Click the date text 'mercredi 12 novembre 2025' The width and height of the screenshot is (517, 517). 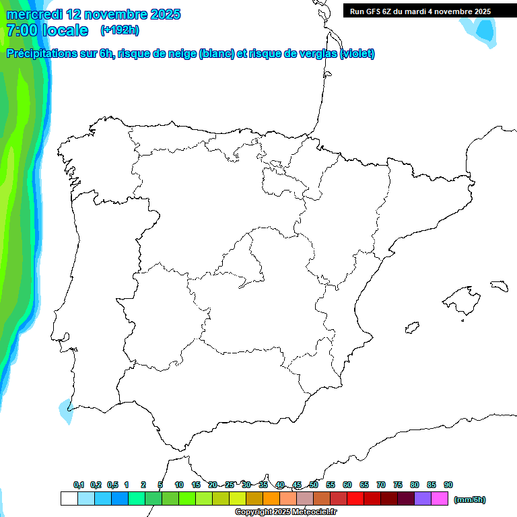(94, 14)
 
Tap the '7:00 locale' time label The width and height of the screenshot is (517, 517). (47, 30)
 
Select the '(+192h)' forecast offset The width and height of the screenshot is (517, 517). (119, 30)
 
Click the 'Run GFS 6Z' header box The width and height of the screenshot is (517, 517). (420, 11)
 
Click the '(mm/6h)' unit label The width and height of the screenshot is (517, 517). (470, 499)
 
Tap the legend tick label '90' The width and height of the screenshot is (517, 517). (448, 485)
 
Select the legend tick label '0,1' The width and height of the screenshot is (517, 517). (79, 485)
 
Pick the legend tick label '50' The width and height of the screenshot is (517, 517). (314, 485)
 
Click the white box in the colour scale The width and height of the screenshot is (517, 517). (69, 499)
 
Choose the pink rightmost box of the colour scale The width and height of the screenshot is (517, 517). (440, 499)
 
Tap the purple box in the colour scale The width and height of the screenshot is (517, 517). (423, 499)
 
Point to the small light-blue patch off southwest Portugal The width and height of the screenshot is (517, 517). (66, 410)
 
